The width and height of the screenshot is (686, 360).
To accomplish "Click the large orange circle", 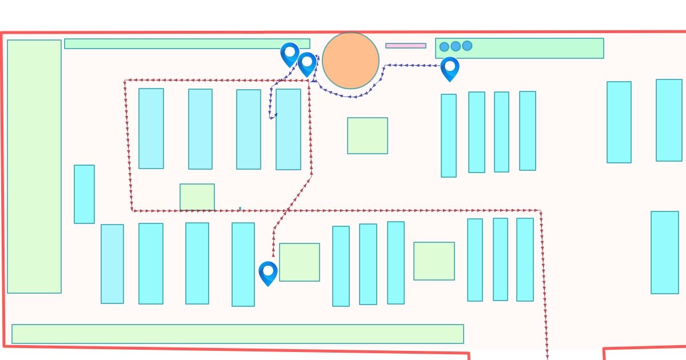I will click(350, 60).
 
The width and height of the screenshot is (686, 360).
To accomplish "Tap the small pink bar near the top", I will click(405, 46).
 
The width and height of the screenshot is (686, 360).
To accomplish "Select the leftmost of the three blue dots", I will click(444, 47).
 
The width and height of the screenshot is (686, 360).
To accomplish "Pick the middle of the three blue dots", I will click(456, 46).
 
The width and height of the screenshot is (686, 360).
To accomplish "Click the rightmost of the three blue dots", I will click(467, 46).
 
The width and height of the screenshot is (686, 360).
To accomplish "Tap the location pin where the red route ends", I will click(268, 273).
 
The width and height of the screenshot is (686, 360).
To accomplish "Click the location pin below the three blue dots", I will click(450, 67).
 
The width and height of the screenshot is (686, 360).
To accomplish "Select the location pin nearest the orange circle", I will click(307, 63).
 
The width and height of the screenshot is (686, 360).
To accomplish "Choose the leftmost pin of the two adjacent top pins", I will click(290, 53).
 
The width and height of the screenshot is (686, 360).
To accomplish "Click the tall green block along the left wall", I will click(34, 166).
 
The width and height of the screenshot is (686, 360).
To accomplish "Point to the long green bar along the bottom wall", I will click(237, 334).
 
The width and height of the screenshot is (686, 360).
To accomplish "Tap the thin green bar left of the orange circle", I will click(187, 43).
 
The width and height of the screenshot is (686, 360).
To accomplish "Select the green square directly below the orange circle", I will click(368, 135).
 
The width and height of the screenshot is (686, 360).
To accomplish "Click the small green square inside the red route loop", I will click(197, 197).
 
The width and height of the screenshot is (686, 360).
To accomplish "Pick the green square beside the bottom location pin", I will click(300, 262).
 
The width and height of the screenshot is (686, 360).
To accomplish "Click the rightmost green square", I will click(434, 261).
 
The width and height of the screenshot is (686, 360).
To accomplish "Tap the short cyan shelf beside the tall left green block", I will click(84, 194).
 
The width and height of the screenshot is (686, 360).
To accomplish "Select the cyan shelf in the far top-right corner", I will click(669, 120).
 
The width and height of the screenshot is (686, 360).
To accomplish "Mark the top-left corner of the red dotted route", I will click(125, 81).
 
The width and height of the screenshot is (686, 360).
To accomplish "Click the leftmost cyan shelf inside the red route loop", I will click(151, 129).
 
